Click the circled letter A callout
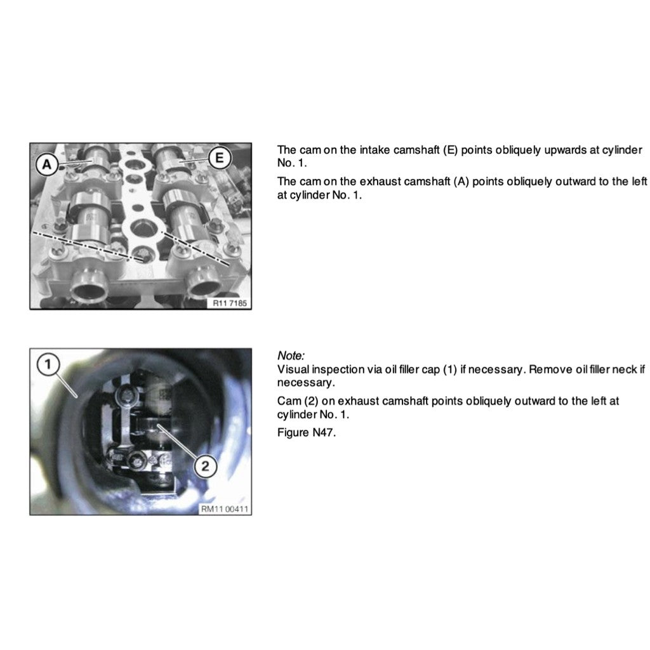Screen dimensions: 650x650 click(47, 164)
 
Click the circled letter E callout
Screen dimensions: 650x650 click(219, 157)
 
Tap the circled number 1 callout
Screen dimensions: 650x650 click(48, 364)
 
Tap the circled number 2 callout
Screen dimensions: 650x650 click(205, 467)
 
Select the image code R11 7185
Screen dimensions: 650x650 click(229, 303)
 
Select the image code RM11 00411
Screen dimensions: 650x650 click(224, 508)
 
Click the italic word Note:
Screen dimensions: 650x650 click(291, 355)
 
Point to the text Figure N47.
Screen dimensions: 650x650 click(307, 433)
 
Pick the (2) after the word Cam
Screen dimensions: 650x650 click(311, 401)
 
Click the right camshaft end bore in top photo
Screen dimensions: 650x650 click(204, 285)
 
